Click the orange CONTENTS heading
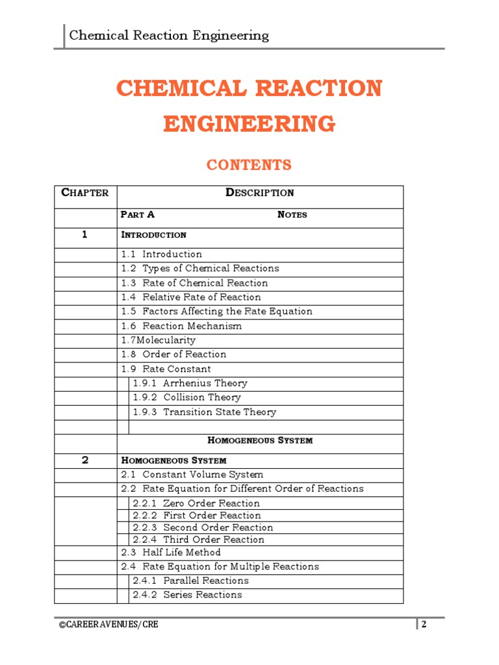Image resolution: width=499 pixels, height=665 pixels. pos(249,165)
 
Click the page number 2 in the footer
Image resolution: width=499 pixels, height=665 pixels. pos(424,625)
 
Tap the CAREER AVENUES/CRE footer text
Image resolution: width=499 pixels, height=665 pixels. pos(108,625)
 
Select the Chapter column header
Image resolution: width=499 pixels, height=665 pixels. pos(84,192)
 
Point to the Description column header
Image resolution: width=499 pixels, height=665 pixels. pos(259,192)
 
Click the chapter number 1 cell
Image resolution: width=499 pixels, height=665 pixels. pos(84,234)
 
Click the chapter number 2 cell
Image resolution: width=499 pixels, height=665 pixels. pos(84,460)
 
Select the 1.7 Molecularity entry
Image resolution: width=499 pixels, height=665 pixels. pos(158,340)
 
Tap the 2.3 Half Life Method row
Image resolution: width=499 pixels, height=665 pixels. pos(171,553)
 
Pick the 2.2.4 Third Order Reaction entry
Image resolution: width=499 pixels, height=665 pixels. pos(198,540)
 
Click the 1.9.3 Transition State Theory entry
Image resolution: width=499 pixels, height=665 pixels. pos(204,412)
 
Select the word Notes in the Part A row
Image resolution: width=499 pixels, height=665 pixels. pos(292,215)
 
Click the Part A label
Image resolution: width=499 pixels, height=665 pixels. pos(138,215)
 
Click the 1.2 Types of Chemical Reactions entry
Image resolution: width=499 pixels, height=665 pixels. pos(200,268)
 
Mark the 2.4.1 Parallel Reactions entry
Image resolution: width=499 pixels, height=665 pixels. pos(190,581)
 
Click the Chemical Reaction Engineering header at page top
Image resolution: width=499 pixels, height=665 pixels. pos(169,35)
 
